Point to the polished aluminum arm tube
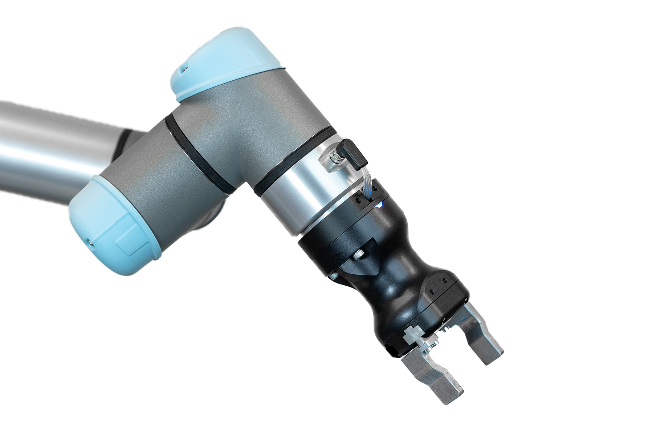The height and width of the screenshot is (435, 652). point(54,145)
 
